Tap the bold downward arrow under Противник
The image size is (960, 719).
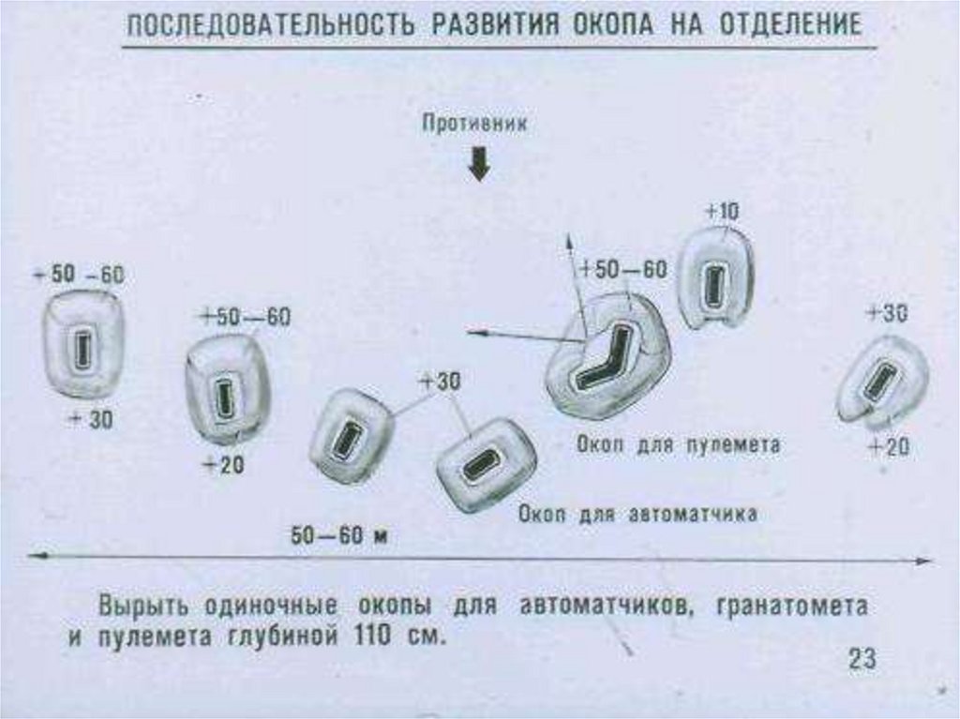click(x=479, y=165)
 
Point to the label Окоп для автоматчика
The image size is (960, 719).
click(x=637, y=514)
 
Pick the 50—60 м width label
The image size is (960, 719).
click(x=340, y=536)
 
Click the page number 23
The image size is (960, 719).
click(x=862, y=658)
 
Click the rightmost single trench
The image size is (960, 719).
click(x=881, y=381)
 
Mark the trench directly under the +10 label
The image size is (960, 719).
click(x=715, y=279)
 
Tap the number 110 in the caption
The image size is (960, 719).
click(x=373, y=637)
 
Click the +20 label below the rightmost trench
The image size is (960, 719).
click(x=887, y=448)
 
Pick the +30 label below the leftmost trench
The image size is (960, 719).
click(x=91, y=419)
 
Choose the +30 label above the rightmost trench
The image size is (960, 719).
click(x=886, y=314)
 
